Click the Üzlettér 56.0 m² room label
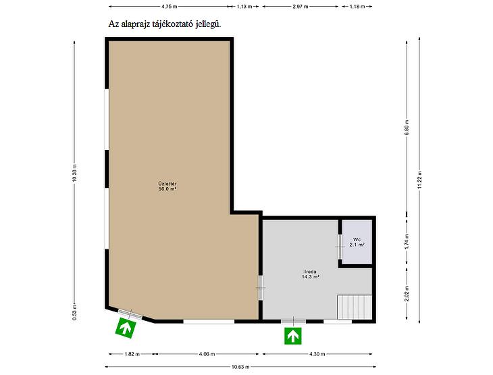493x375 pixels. coord(167,186)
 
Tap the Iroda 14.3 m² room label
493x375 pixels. coord(311,274)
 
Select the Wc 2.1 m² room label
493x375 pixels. coord(357,242)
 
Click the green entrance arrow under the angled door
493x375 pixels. coord(126,328)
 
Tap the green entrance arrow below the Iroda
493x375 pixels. coord(293,336)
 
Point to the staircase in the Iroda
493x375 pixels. coord(355,307)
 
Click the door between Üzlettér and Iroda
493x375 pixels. coord(260,288)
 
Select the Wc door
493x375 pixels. coord(340,247)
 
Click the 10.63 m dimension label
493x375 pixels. coord(240,367)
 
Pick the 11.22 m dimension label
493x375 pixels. coord(419,180)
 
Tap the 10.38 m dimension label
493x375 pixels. coord(74,173)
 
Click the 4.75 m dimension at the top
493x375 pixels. coord(169,6)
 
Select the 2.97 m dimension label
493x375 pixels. coord(301,6)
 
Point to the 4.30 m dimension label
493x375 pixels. coord(317,354)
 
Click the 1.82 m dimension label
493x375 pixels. coord(132,354)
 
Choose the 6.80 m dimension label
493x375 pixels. coord(407,128)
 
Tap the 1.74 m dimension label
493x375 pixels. coord(407,243)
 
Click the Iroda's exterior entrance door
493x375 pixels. coord(293,321)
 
